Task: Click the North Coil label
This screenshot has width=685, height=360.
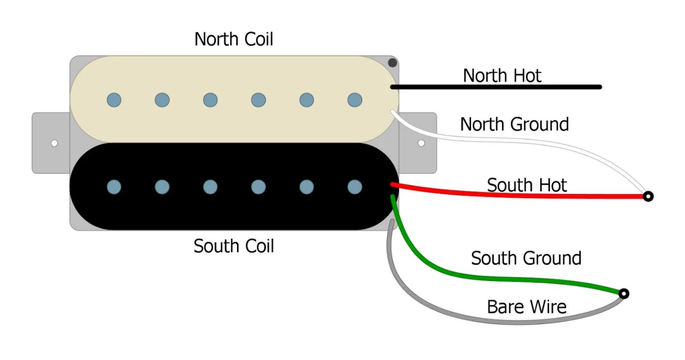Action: (234, 39)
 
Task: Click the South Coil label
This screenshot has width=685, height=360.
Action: (234, 246)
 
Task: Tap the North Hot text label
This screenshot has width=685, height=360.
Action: (502, 76)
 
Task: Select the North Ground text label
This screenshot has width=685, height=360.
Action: (514, 124)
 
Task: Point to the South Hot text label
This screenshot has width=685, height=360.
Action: (527, 185)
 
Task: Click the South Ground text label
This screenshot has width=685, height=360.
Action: (526, 258)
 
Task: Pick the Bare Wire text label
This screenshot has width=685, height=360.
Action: (527, 307)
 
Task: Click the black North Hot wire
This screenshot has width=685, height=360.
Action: (496, 87)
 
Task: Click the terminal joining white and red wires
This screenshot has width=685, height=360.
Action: (648, 197)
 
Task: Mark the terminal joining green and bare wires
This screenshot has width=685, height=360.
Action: (623, 294)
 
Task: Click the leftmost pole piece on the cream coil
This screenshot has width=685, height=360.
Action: (114, 100)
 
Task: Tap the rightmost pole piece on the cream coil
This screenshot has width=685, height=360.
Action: (355, 100)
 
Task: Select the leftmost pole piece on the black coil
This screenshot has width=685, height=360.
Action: (114, 187)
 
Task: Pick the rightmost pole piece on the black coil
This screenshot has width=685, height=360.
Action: (355, 187)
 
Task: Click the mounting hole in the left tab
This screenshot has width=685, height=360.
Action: (54, 143)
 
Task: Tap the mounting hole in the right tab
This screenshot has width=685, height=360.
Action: (421, 143)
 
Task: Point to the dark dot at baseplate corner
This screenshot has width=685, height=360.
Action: (393, 63)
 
